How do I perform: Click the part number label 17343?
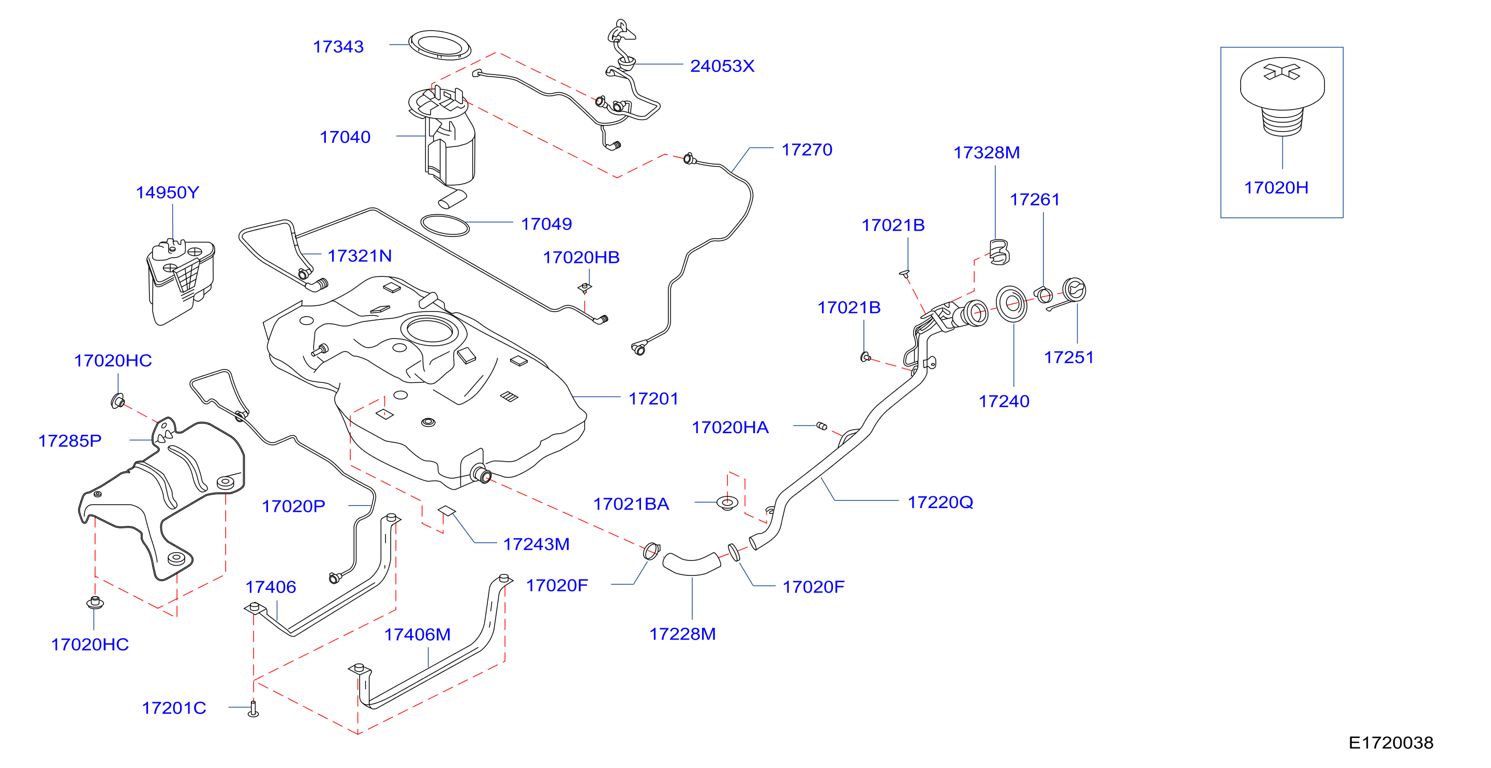(338, 47)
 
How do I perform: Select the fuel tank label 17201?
(653, 398)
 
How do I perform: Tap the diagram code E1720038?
(1390, 743)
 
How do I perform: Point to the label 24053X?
(722, 66)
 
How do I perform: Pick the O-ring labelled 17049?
(444, 225)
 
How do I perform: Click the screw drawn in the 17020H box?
(1282, 96)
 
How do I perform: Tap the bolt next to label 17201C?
(253, 708)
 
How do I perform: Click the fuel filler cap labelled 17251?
(1073, 290)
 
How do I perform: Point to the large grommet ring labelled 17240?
(1011, 303)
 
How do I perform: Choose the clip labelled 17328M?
(1000, 252)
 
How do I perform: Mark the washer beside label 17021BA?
(727, 502)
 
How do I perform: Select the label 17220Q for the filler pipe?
(940, 502)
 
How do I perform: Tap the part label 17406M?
(418, 635)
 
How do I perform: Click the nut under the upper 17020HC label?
(117, 400)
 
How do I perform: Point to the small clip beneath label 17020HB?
(585, 287)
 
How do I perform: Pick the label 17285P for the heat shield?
(69, 441)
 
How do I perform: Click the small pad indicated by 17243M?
(446, 510)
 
